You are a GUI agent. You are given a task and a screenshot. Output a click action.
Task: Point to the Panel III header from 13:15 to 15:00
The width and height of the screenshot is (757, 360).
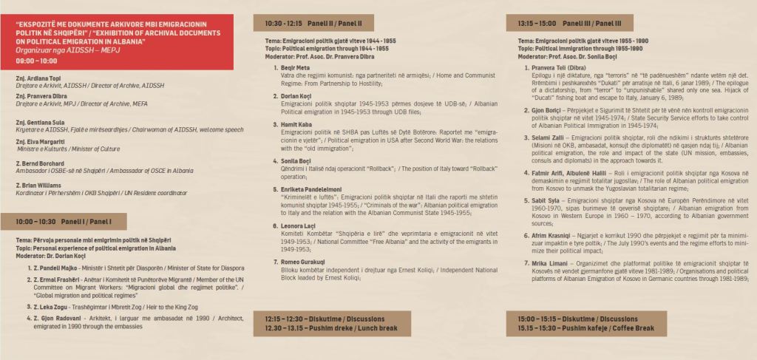coord(560,23)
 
